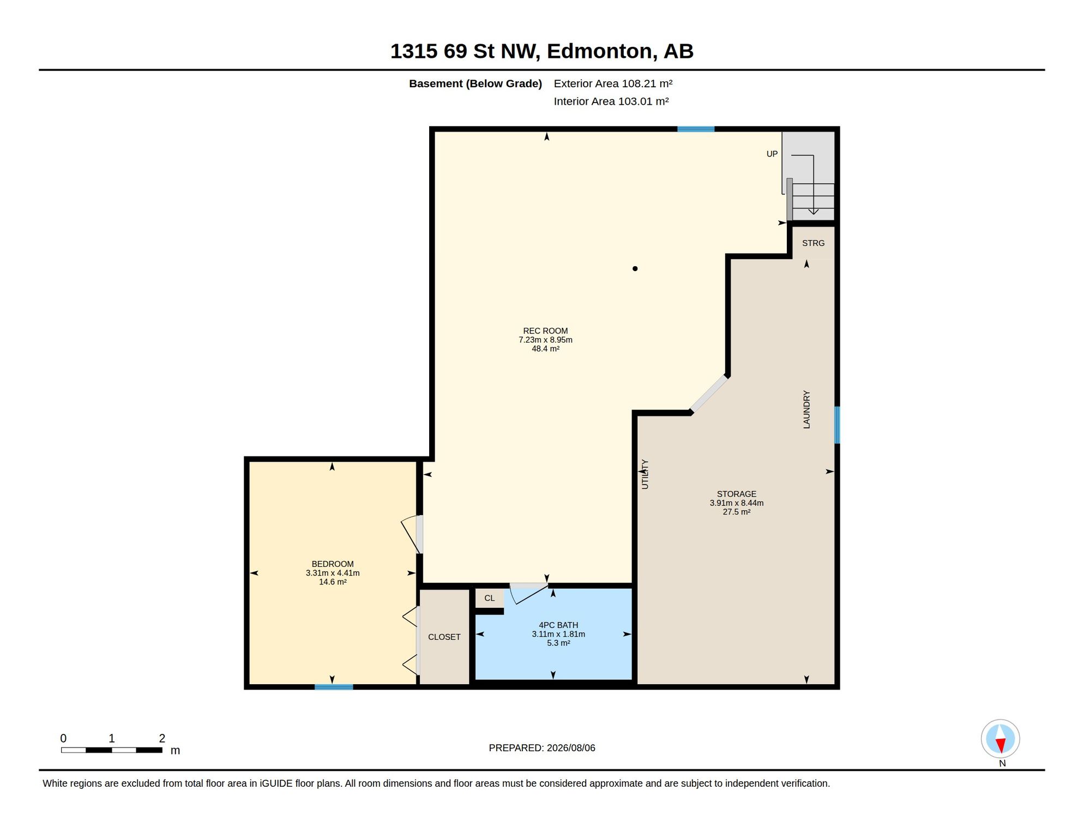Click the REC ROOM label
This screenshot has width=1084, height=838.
545,331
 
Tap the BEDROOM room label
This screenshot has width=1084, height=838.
333,564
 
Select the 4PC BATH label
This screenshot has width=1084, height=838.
558,625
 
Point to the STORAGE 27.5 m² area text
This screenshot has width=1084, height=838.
737,512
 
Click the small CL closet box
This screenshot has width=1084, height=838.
490,598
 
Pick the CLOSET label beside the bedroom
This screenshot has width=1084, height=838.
444,637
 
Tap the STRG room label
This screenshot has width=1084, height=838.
813,243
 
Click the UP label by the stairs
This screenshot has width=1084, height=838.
772,154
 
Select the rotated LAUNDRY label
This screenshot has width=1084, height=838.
806,409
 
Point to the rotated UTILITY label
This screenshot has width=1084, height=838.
645,474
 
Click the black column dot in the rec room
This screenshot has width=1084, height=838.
635,268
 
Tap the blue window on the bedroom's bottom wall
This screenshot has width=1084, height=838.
334,687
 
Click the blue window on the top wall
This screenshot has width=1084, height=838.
696,129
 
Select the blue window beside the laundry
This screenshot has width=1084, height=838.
837,425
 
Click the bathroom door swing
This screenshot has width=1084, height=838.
526,592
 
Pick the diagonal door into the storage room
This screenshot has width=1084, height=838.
709,393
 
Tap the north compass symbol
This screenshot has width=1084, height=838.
1001,739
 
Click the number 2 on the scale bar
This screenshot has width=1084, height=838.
162,738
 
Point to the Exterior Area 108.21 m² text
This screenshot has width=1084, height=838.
613,83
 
